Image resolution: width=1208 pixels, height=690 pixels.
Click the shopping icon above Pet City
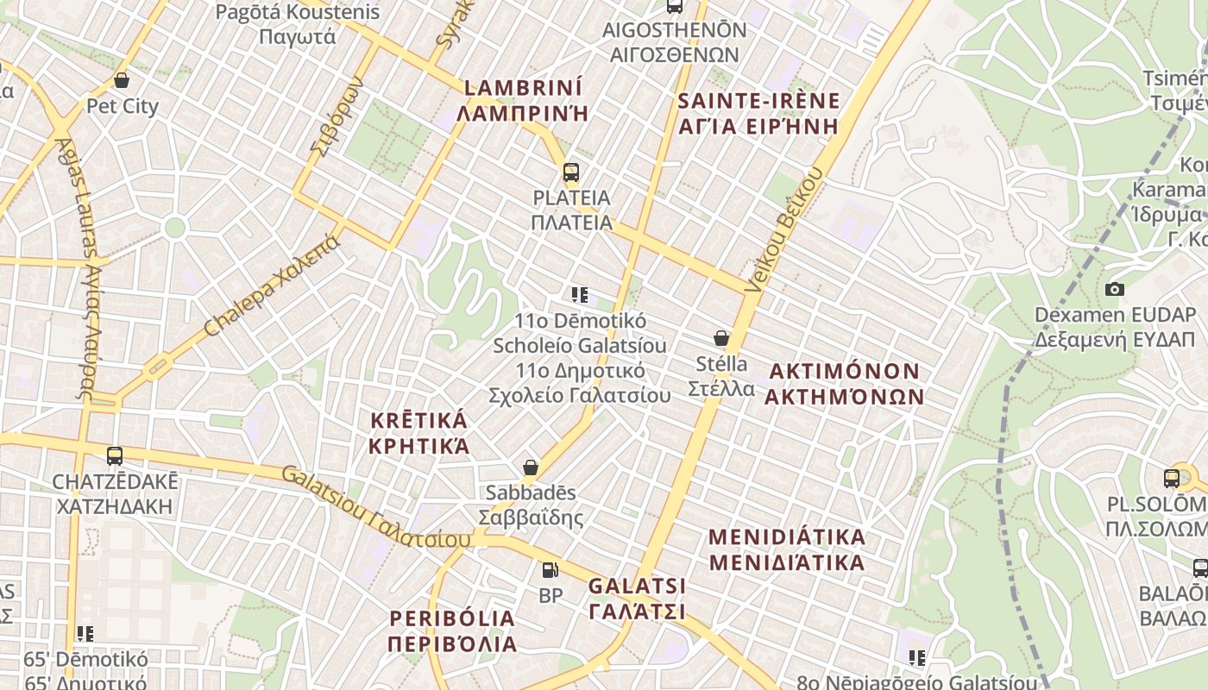coord(122,80)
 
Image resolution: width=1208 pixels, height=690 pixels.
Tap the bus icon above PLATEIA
coord(570,172)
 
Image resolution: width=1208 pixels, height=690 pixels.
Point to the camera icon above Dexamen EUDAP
coord(1115,289)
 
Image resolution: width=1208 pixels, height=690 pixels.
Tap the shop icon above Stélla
coord(721,338)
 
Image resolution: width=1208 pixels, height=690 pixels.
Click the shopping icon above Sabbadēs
coord(531,467)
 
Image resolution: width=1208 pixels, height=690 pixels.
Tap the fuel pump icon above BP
coord(550,570)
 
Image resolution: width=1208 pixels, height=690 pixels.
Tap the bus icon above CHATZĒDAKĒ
coord(115,455)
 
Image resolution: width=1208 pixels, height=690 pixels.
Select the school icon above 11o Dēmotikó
coord(580,295)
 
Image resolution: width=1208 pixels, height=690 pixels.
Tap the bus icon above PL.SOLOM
coord(1172,478)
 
